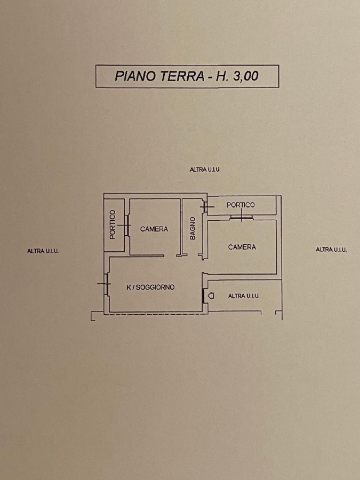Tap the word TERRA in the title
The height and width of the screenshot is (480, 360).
182,76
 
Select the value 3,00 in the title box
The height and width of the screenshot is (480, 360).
246,76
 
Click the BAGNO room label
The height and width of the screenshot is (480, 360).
193,228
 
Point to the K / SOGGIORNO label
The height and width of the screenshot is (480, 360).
150,287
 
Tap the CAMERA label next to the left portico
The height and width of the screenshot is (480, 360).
154,229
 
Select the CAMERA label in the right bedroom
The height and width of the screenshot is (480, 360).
242,247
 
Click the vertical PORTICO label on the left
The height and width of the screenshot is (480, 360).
113,225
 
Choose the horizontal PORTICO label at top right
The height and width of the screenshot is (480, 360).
241,205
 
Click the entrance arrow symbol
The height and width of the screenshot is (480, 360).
211,296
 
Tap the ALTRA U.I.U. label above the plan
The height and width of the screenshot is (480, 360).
205,169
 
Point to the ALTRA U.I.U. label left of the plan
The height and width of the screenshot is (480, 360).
43,251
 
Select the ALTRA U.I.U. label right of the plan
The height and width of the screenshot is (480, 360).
331,250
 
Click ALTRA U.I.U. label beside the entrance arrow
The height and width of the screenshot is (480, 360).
244,296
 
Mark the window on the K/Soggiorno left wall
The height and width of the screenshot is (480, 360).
106,284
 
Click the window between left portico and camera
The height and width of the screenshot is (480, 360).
126,225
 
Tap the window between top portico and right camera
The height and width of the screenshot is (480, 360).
241,217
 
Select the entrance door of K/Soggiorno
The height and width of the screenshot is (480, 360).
204,295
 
